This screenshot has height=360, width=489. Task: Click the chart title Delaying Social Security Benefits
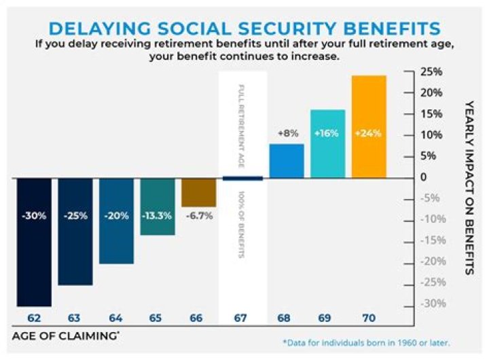click(x=244, y=29)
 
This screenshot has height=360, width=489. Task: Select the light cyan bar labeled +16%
click(x=327, y=143)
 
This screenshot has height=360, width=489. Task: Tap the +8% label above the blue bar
click(x=286, y=134)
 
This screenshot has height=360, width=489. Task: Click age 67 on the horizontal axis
click(x=242, y=317)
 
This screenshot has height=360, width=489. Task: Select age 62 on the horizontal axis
click(x=34, y=317)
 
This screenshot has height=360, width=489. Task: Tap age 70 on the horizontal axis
click(x=369, y=317)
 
